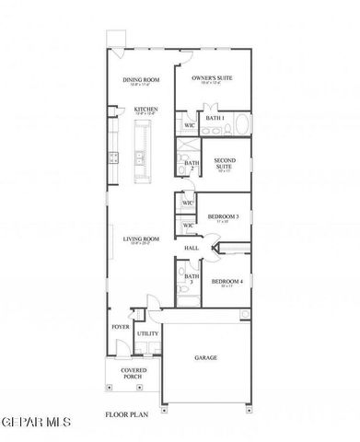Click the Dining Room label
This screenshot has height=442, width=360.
tap(142, 80)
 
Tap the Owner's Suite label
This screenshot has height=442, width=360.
tap(211, 79)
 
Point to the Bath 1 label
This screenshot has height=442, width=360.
tap(215, 118)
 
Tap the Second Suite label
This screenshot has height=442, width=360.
tap(224, 163)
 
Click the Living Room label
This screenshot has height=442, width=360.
tap(142, 238)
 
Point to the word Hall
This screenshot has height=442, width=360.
tap(192, 248)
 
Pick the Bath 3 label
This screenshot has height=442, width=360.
tap(191, 278)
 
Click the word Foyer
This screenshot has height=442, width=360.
tap(121, 326)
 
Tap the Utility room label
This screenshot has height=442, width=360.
tap(147, 333)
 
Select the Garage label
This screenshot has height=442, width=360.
tap(205, 357)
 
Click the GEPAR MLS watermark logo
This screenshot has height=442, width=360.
tap(37, 422)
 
